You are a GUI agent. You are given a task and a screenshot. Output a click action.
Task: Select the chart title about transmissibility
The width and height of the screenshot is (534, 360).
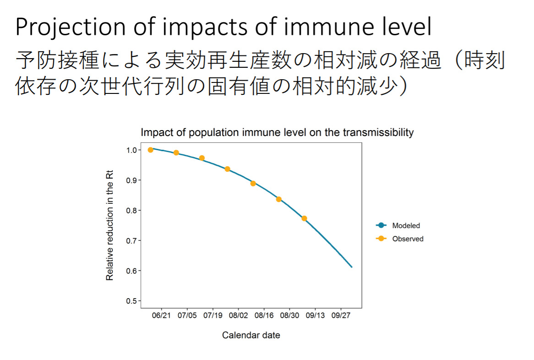(x=277, y=132)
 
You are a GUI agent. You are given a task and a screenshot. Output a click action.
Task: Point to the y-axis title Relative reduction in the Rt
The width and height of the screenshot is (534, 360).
(x=109, y=225)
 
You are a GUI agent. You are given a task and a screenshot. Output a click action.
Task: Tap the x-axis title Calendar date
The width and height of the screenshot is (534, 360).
(x=251, y=335)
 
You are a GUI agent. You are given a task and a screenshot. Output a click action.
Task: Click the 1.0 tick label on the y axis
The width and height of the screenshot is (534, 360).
(x=131, y=150)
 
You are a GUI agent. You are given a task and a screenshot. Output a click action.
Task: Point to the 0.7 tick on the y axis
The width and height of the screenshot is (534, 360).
(x=131, y=241)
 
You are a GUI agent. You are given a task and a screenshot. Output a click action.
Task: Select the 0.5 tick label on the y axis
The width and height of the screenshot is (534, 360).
(x=131, y=301)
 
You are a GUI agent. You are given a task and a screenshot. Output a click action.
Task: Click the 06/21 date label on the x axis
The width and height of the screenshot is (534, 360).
(x=161, y=316)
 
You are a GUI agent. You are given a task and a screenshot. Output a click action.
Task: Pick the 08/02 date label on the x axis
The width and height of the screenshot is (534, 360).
(x=238, y=316)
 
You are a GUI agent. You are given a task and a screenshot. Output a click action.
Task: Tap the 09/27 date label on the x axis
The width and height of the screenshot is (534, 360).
(x=341, y=316)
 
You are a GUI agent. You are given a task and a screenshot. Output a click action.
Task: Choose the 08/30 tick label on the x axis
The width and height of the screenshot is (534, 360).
(x=289, y=316)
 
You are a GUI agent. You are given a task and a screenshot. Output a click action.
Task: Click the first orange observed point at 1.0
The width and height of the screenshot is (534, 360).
(x=151, y=150)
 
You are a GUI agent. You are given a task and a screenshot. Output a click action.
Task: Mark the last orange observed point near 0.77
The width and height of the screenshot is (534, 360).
(x=304, y=218)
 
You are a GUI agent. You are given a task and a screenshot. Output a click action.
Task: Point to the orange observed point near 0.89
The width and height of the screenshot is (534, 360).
(x=253, y=183)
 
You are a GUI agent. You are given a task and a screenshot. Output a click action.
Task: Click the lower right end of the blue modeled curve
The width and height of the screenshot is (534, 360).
(x=352, y=267)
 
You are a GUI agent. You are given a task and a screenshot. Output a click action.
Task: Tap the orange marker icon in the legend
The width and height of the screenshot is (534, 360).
(x=381, y=239)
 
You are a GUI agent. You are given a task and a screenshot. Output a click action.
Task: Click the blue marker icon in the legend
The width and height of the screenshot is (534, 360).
(x=381, y=225)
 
